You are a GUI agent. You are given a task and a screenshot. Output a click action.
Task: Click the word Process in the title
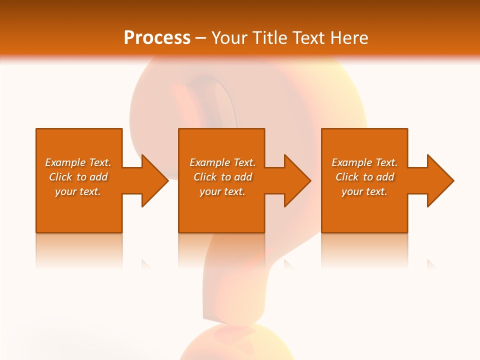coord(157,38)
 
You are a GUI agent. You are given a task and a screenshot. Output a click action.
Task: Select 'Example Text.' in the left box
coord(78,162)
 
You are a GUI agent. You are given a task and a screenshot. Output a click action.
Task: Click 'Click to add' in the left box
coord(78,177)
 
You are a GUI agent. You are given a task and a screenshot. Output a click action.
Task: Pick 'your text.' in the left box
coord(78,191)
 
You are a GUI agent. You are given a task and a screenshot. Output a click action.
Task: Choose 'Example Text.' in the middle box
coord(222,162)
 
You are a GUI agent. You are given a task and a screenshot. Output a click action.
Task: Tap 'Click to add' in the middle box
coord(222,177)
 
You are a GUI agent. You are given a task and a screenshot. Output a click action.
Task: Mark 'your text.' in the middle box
coord(222,191)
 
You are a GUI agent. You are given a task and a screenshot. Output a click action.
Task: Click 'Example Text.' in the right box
coord(364,162)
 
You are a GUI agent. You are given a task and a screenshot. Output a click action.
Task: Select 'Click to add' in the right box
coord(364,177)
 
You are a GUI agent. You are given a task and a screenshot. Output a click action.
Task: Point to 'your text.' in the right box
coord(364,191)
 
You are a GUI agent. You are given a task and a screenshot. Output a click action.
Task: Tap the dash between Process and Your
coord(200,38)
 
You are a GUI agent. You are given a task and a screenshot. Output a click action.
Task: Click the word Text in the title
coord(307,38)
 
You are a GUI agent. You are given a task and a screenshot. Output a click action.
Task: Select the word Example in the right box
coord(352,162)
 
